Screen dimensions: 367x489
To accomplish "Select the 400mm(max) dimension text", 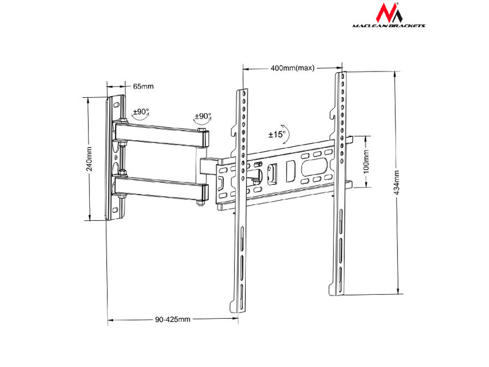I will [292, 68].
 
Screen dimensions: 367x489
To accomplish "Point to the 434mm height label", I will [397, 181].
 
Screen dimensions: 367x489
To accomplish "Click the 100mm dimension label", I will [366, 161].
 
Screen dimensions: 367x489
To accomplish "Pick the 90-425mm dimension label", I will [173, 319].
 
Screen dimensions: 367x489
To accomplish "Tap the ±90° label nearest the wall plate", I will [141, 113].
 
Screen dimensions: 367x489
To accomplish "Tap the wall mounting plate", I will [116, 157].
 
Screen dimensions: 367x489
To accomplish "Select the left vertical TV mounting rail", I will [242, 202].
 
